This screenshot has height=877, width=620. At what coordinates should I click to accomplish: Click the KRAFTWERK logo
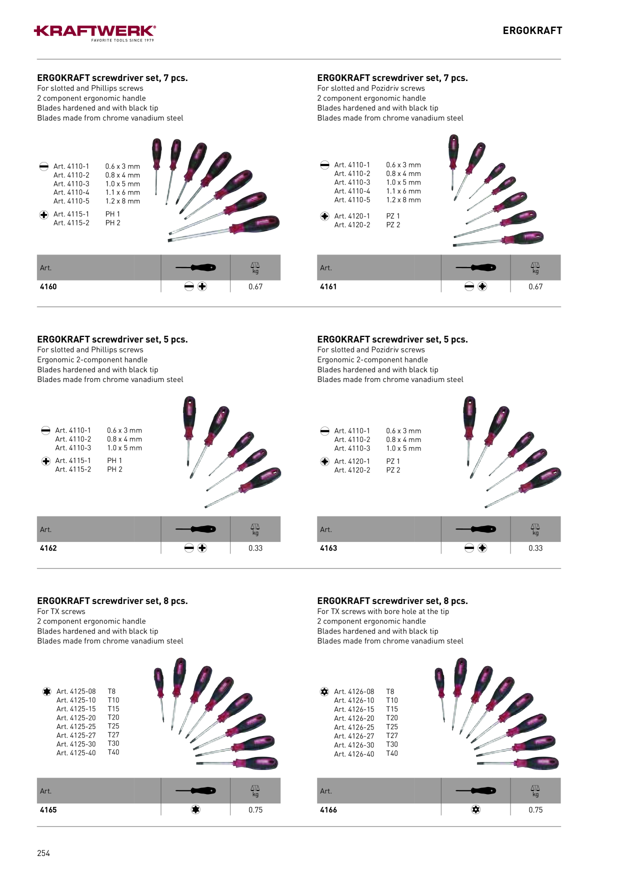point(95,33)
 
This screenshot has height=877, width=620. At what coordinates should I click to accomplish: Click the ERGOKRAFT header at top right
point(532,30)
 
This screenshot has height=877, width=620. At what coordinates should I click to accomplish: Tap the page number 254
point(43,853)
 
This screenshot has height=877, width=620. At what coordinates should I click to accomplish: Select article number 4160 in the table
point(48,286)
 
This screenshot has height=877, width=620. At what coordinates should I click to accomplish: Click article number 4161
point(328,286)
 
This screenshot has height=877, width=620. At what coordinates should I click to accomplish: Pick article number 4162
point(48,548)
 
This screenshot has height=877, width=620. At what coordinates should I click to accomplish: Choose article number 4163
point(328,548)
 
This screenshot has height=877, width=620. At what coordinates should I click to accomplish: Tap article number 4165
point(48,809)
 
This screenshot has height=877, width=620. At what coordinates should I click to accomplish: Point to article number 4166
point(328,809)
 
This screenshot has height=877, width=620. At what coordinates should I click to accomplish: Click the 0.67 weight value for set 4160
point(255,286)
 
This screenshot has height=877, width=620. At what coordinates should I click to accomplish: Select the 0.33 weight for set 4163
point(535,548)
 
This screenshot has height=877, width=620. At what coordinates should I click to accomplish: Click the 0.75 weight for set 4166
point(535,809)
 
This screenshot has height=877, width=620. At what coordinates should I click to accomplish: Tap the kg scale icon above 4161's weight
point(535,267)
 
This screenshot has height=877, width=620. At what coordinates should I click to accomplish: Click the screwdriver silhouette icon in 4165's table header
point(195,790)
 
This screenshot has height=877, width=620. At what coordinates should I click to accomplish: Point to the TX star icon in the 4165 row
point(195,809)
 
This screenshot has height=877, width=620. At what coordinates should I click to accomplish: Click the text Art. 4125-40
point(76,752)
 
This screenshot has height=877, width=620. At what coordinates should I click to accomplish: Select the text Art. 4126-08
point(354,691)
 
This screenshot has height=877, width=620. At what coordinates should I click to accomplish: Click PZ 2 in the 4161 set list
point(393,225)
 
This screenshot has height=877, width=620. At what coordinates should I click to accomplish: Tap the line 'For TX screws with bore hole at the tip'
point(383,611)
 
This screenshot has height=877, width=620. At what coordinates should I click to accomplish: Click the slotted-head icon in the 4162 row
point(189,548)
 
